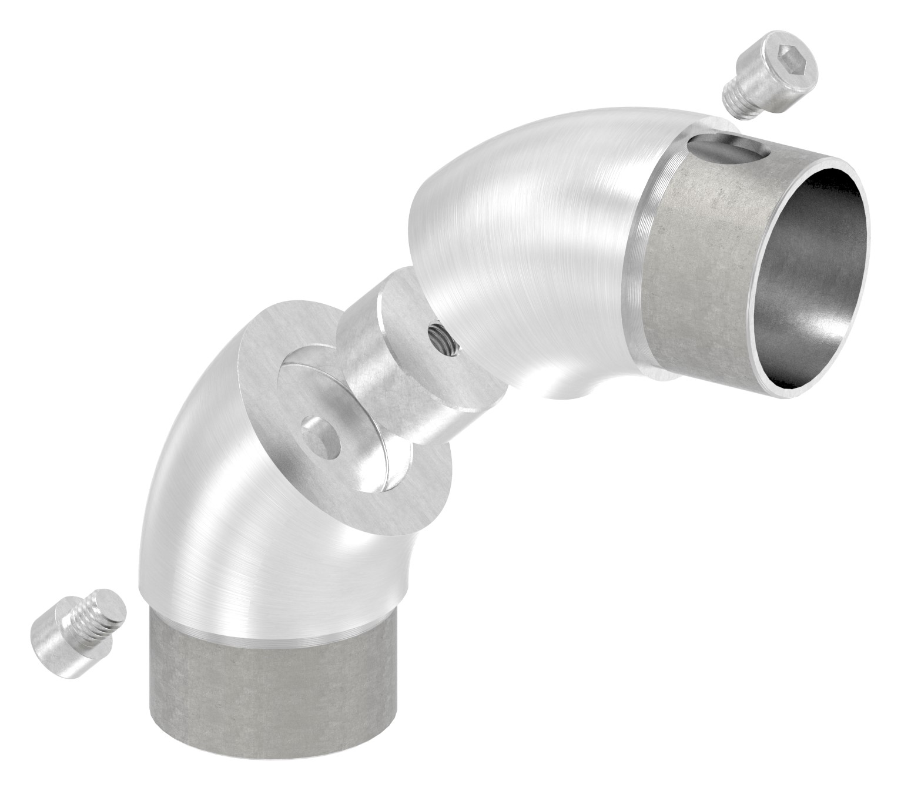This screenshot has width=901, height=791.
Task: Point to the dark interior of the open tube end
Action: pyautogui.click(x=817, y=276)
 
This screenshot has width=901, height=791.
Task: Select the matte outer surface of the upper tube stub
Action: pyautogui.click(x=699, y=264)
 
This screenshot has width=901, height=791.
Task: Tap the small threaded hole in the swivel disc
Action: pyautogui.click(x=441, y=340)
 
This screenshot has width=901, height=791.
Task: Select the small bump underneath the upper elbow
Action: pyautogui.click(x=573, y=391)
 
